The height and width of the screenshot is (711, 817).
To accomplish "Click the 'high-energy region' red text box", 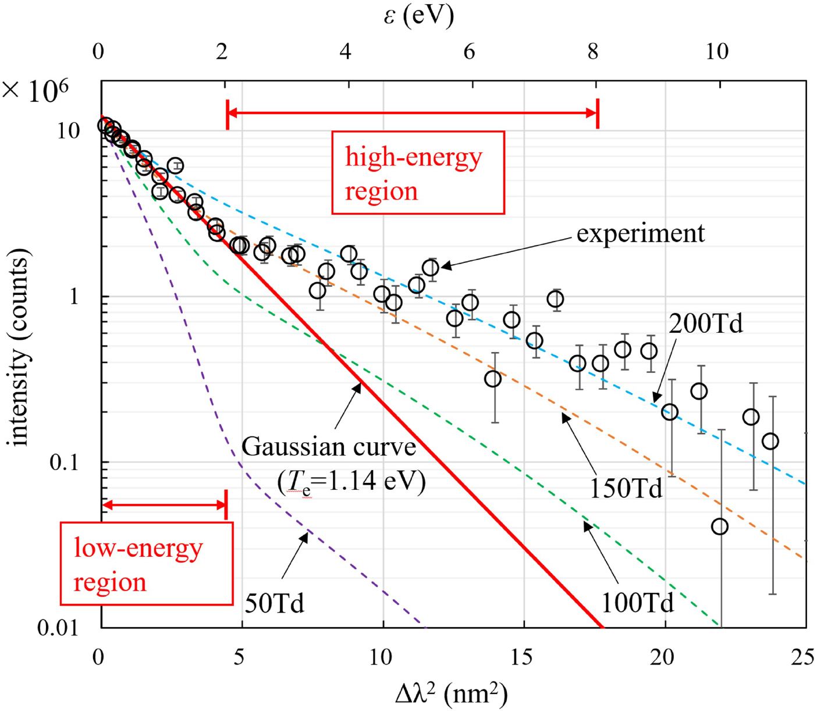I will click(417, 173).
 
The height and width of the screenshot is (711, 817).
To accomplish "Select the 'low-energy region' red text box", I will click(147, 564).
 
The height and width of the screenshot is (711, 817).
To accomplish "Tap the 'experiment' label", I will click(640, 233).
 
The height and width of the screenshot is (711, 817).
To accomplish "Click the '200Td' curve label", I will click(705, 323).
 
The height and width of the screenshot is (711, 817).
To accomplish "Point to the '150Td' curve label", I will click(626, 488).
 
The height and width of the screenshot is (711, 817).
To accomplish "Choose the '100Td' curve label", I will click(637, 603).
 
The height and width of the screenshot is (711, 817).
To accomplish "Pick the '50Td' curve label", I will click(274, 603).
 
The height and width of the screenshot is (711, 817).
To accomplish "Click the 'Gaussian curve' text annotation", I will click(329, 447).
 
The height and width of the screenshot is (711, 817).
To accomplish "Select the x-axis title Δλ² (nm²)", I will click(451, 694).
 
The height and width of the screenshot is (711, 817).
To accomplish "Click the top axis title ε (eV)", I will click(418, 16).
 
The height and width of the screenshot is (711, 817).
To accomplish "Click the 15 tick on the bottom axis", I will click(523, 657).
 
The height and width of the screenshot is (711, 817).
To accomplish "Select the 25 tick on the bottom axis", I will click(802, 657).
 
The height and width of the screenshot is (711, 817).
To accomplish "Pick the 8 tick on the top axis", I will click(592, 52).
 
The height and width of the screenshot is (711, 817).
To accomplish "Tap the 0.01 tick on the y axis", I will click(57, 628).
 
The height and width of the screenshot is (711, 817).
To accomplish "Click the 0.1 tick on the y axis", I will click(64, 462).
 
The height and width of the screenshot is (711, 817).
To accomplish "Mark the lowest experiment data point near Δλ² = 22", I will click(720, 527).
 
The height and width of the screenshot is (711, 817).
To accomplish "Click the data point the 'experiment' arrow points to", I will click(430, 268).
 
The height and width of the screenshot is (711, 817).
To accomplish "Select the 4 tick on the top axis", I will click(346, 52).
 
